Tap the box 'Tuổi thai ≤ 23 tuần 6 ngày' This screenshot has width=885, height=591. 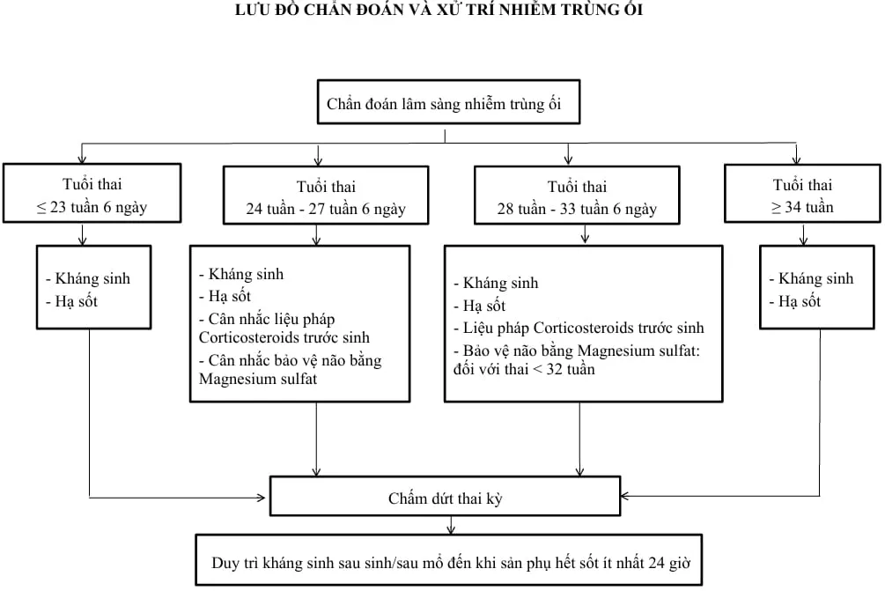(92, 196)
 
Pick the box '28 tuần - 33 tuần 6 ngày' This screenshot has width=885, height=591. (577, 198)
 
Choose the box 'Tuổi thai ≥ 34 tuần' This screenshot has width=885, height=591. (802, 196)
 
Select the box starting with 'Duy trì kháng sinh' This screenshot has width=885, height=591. (448, 560)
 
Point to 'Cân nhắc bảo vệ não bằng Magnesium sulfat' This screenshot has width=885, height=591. (290, 370)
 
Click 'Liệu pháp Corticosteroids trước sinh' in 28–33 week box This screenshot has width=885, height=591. (579, 328)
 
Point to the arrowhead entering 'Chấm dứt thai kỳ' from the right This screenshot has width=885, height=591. (626, 496)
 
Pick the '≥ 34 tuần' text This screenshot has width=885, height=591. (802, 208)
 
